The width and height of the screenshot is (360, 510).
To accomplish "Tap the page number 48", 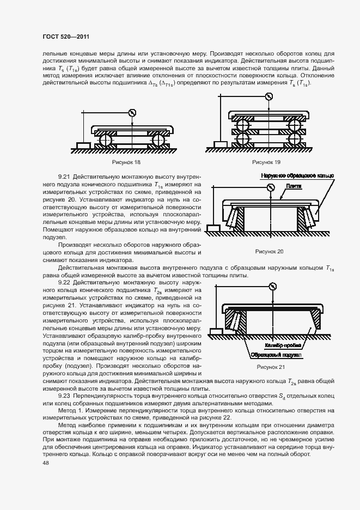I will click(45, 462).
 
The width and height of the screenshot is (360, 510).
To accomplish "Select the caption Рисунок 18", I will click(126, 162).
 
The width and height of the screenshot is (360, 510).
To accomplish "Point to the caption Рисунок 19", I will click(266, 162).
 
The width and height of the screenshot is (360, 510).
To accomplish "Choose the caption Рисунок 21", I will click(271, 367).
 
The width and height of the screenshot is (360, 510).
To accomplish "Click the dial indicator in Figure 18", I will click(131, 113).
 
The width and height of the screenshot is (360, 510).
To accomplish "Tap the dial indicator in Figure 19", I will click(269, 97).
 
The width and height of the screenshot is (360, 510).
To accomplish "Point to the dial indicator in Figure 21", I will click(272, 286).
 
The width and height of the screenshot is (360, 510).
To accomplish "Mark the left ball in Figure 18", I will click(104, 141).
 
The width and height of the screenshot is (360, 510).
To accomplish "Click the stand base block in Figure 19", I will click(221, 144).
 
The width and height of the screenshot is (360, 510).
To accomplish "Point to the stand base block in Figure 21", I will click(216, 330).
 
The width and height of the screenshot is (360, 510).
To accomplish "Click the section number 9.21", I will click(64, 178).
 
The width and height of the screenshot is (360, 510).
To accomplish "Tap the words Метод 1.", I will click(69, 409).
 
